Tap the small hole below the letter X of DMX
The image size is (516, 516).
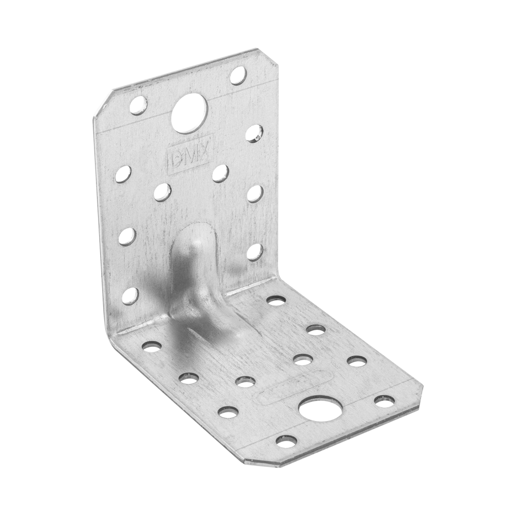[x=220, y=173]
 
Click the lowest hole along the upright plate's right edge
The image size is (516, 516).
[x=255, y=253]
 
